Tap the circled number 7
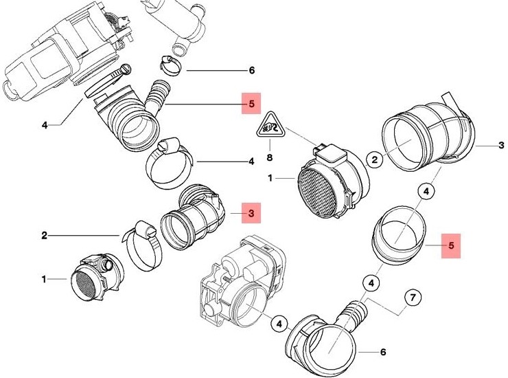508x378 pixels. point(413,298)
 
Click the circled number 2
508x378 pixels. point(374,160)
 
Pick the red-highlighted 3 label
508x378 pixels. point(251,214)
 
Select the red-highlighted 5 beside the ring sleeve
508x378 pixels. point(450,244)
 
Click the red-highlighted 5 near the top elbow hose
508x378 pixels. point(251,104)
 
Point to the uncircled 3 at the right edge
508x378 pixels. point(501,146)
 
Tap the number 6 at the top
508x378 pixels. point(251,71)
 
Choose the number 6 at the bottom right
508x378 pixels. point(382,352)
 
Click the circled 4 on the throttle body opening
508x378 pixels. point(279,321)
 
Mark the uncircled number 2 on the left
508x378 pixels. point(44,236)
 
